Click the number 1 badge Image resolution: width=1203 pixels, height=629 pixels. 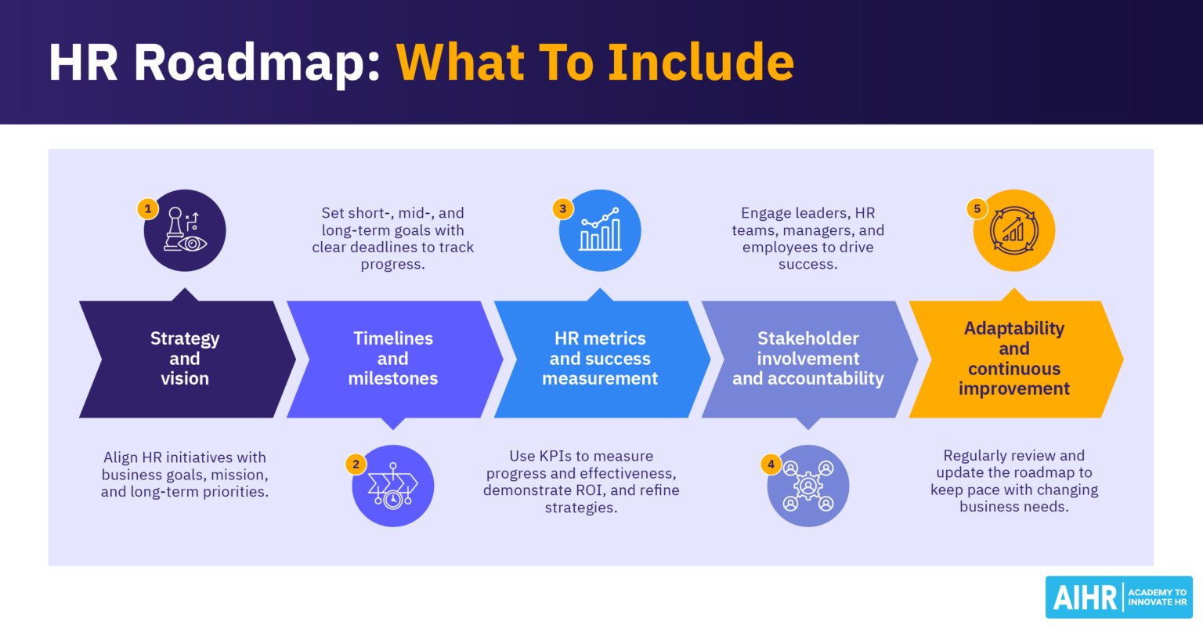(x=148, y=209)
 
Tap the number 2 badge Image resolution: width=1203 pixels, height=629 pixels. (x=356, y=465)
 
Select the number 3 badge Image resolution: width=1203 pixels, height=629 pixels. (x=562, y=209)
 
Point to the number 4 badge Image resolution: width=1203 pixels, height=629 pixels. (x=771, y=465)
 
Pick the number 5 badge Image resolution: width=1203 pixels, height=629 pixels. (x=977, y=209)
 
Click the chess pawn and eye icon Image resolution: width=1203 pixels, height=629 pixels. (x=186, y=231)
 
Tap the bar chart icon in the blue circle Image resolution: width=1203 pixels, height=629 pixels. (x=601, y=231)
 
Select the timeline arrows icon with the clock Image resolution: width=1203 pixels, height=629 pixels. (x=393, y=486)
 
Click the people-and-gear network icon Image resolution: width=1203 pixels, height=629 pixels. (x=808, y=486)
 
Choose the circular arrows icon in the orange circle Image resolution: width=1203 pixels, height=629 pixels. (x=1014, y=231)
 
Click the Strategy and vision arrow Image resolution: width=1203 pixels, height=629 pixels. (x=186, y=359)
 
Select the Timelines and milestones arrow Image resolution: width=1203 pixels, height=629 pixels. (x=393, y=359)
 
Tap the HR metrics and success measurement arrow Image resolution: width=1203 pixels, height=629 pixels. (x=601, y=359)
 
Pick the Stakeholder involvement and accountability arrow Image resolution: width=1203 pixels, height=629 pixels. (x=808, y=359)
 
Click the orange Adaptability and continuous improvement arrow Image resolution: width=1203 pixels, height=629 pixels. (x=1014, y=359)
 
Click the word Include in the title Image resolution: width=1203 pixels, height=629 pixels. (x=701, y=63)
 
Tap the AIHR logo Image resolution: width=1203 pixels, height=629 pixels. (x=1118, y=598)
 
